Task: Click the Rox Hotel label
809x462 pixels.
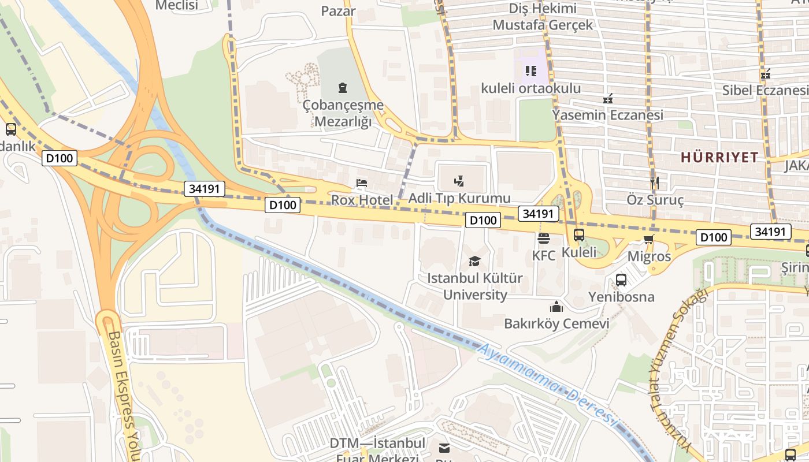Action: pos(362,200)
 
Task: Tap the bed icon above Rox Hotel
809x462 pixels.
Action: pos(362,184)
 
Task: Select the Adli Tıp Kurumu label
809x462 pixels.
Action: pos(459,198)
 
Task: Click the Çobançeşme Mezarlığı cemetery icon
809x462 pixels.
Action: pos(343,88)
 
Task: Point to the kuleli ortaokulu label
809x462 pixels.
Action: pos(531,88)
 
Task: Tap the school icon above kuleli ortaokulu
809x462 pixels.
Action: pos(530,71)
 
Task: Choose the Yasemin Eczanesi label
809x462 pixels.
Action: pos(607,114)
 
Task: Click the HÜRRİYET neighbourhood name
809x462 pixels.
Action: pos(719,157)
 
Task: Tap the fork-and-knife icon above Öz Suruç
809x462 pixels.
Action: pos(655,183)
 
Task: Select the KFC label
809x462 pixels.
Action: pos(543,255)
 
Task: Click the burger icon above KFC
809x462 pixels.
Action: pos(543,238)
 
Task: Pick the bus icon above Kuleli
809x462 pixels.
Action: pos(579,235)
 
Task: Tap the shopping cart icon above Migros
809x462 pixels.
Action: pos(649,239)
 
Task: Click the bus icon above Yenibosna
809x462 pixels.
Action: pos(621,280)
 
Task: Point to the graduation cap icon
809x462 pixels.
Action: pos(474,261)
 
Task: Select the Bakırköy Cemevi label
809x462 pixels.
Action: pos(556,323)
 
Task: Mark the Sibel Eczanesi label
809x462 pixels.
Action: pos(765,90)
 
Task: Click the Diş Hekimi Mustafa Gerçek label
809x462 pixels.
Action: pos(543,17)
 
